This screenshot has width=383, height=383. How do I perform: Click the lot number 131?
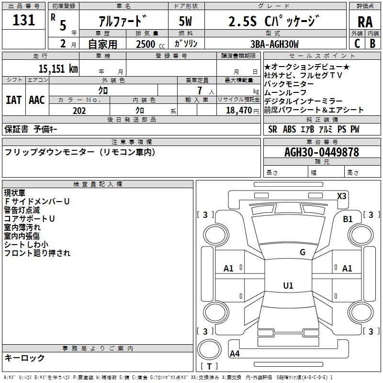(x=23, y=20)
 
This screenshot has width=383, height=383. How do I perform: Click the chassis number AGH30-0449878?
(x=321, y=152)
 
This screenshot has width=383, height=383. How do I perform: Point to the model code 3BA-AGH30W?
(x=275, y=44)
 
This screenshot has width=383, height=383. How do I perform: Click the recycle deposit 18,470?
(x=238, y=110)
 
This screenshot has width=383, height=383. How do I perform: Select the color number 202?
(x=79, y=111)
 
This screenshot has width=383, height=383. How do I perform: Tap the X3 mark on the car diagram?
(x=342, y=196)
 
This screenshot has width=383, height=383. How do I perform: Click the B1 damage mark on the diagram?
(x=348, y=219)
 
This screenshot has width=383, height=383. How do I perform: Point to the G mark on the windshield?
(x=302, y=252)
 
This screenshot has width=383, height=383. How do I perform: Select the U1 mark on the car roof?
(x=288, y=286)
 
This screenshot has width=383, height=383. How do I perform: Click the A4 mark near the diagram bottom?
(x=235, y=354)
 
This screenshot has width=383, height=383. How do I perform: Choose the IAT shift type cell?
(x=14, y=100)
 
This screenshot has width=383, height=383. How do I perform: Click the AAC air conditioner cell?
(x=37, y=100)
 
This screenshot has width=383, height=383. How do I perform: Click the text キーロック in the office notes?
(x=25, y=358)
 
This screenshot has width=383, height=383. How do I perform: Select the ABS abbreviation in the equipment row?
(x=289, y=129)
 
